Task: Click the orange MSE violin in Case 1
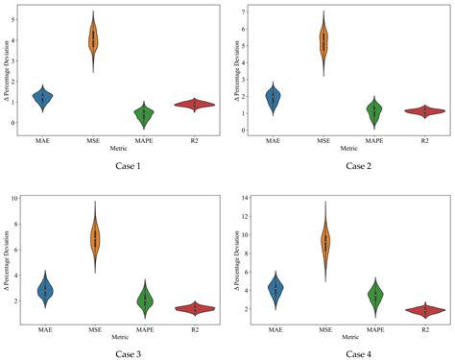pyautogui.click(x=93, y=40)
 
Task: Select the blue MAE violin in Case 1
pyautogui.click(x=42, y=97)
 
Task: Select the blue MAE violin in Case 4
pyautogui.click(x=275, y=289)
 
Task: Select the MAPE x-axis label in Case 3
pyautogui.click(x=145, y=328)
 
